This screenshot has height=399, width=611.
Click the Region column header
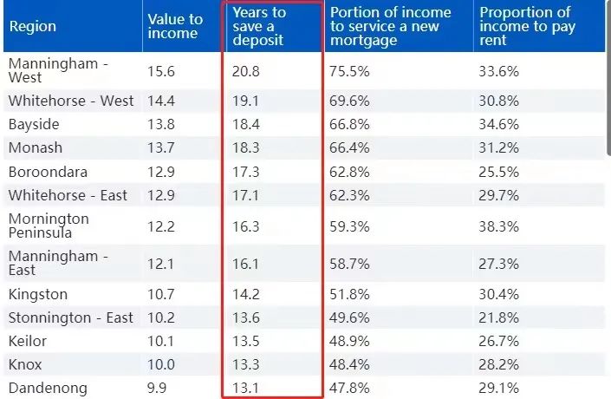coord(32,26)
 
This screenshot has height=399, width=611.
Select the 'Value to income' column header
coord(175,26)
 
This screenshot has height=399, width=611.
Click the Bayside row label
coord(34,124)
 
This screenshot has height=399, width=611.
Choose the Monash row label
coord(36,147)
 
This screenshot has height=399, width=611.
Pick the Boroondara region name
coord(48,172)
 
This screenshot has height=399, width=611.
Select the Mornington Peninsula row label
coord(49,226)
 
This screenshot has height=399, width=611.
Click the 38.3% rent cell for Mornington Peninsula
coord(499,226)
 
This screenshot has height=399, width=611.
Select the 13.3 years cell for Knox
coord(246,364)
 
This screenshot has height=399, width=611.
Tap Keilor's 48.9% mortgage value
coord(350,341)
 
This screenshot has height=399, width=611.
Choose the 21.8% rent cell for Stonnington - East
coord(499,317)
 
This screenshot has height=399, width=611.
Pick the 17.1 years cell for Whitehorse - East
coord(246,195)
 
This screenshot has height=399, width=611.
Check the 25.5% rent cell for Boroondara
coord(499,172)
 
